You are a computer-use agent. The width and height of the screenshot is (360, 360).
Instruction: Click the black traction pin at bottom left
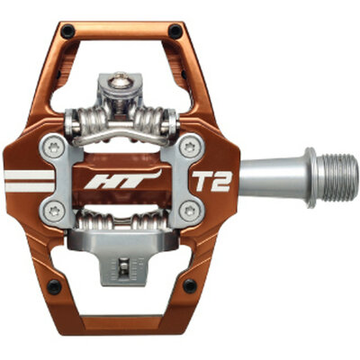[x=54, y=286]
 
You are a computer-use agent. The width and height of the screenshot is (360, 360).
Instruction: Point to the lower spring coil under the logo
[x=122, y=221]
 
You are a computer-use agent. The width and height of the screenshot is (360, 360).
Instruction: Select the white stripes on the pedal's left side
[x=27, y=181]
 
